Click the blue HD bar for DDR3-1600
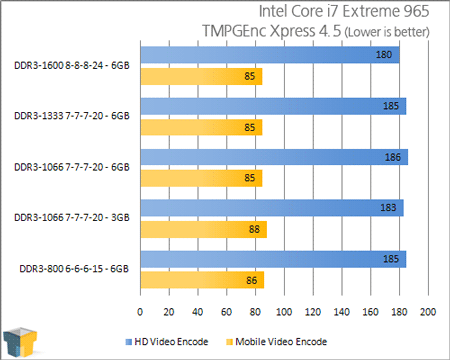(270, 54)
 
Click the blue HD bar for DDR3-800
(273, 260)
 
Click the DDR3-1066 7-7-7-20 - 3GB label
(72, 218)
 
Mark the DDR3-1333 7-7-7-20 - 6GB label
(72, 116)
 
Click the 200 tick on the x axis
(428, 312)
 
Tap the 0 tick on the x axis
(141, 312)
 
